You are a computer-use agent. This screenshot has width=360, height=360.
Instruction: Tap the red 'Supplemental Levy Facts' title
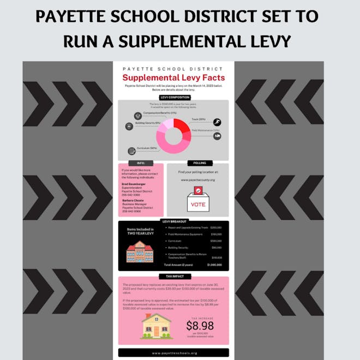(173, 78)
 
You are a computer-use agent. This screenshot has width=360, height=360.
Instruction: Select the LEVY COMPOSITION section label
(173, 97)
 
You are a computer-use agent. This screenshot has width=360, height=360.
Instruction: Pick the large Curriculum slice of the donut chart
(170, 143)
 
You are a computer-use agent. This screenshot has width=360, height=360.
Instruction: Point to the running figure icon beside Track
(217, 122)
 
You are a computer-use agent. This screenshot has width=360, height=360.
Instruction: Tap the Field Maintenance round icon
(217, 136)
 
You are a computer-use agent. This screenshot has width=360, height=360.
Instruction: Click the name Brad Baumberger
(134, 184)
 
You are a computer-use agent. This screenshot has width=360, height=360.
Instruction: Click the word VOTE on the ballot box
(197, 204)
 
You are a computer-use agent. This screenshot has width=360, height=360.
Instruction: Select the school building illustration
(139, 251)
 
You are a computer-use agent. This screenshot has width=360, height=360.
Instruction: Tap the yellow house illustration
(157, 326)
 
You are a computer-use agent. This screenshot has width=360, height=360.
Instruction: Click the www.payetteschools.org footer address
(173, 353)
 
